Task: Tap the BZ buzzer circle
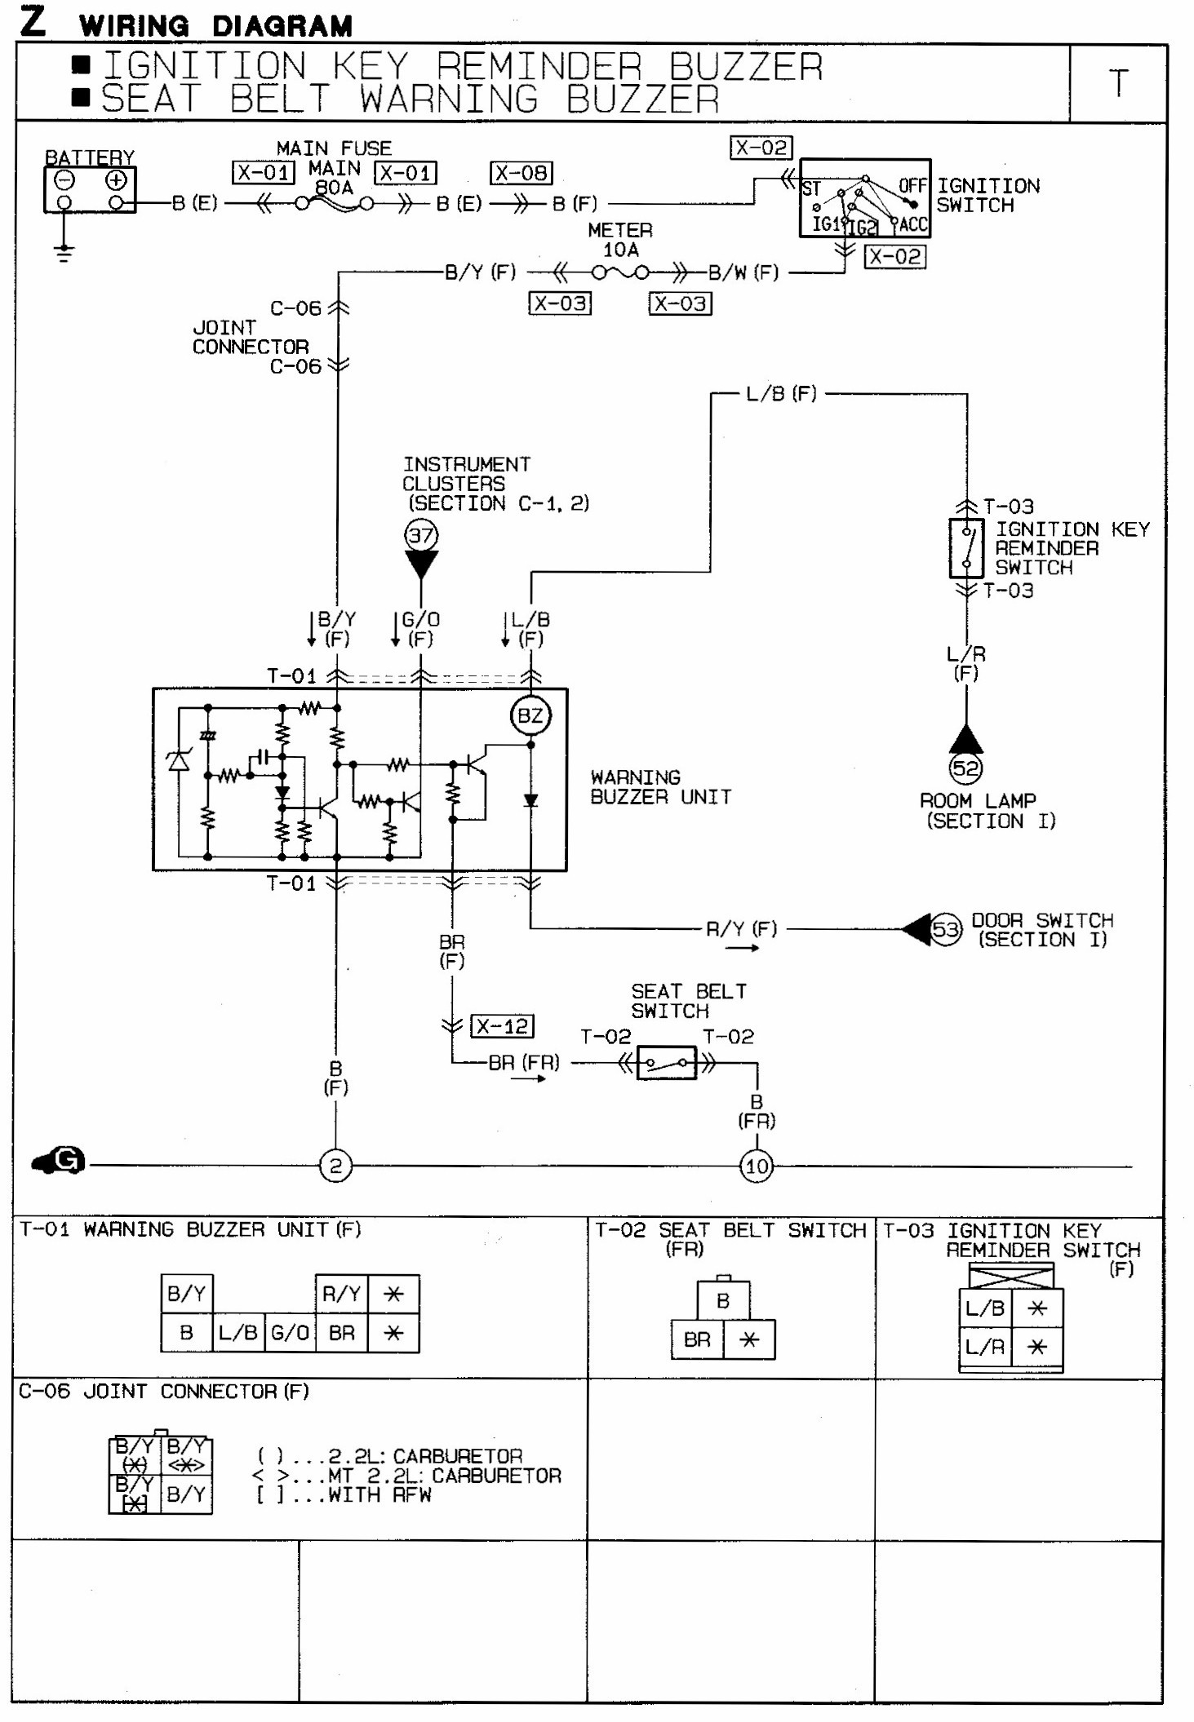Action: [530, 715]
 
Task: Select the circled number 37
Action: [421, 536]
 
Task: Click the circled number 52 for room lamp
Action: [965, 768]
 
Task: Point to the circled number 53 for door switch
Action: [946, 929]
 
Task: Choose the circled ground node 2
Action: [335, 1166]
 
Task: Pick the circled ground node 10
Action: [757, 1166]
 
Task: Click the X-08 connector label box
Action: [522, 173]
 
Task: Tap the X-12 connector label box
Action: [502, 1026]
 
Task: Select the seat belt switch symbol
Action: [666, 1063]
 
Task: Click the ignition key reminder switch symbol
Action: [966, 547]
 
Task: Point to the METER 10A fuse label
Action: [620, 240]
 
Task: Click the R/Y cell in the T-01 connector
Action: [342, 1294]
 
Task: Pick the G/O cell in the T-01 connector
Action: [290, 1333]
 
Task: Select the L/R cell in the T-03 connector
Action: [985, 1347]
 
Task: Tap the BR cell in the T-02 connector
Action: [697, 1339]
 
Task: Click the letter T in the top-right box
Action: [1118, 83]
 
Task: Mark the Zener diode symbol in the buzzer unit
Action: [178, 759]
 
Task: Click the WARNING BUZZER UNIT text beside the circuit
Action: [660, 787]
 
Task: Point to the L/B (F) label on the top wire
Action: [781, 394]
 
